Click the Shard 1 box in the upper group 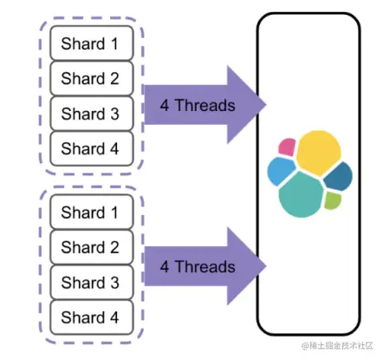tap(92, 43)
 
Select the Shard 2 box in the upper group tap(92, 78)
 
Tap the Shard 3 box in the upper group tap(92, 114)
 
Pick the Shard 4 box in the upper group tap(92, 148)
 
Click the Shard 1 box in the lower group tap(92, 212)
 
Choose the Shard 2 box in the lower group tap(92, 247)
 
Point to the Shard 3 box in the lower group tap(92, 282)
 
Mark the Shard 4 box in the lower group tap(92, 317)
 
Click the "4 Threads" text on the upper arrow tap(198, 105)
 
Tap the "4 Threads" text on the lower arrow tap(198, 266)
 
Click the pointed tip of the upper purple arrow tap(265, 105)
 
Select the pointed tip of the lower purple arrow tap(265, 266)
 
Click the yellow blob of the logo tap(319, 153)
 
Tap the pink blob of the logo tap(287, 147)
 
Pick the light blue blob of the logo tap(281, 171)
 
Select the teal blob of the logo tap(302, 194)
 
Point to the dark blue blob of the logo tap(339, 176)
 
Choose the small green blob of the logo tap(333, 200)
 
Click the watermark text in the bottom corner tap(337, 345)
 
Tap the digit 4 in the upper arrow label tap(165, 105)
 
